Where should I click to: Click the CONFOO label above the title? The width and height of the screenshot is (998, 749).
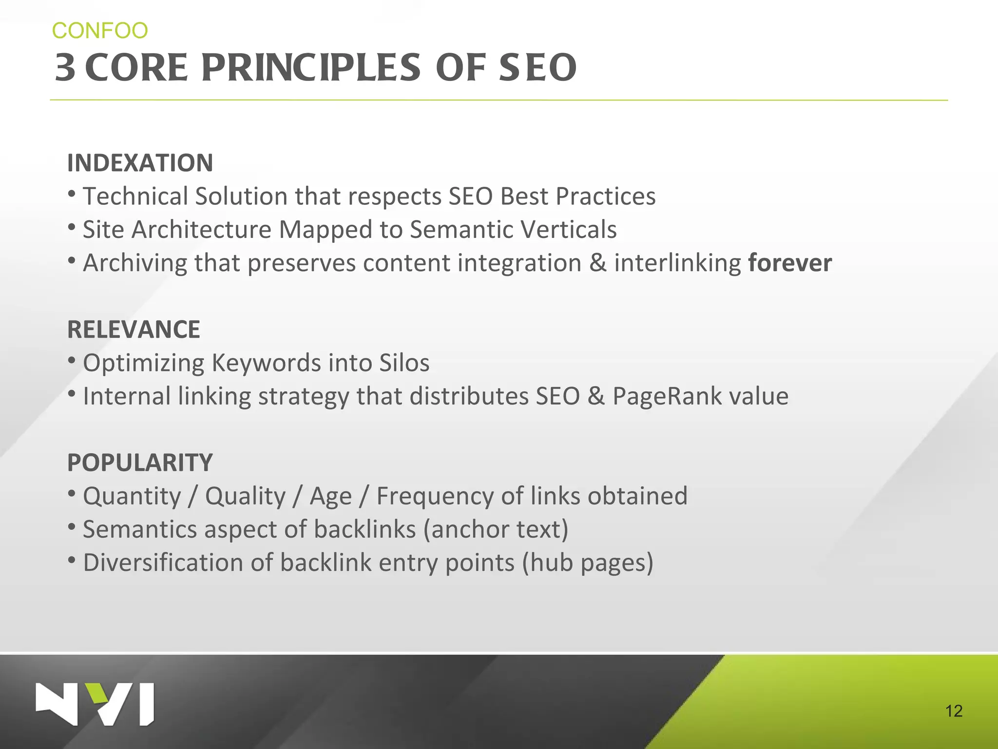coord(100,31)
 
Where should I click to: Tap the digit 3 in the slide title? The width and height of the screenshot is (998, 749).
coord(65,68)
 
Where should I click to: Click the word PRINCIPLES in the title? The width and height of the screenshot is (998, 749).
coord(310,68)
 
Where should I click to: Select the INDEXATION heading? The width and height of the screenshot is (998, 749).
coord(140,163)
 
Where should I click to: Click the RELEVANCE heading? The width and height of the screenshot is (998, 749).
coord(134,330)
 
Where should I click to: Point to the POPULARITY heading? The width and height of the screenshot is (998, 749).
coord(140,463)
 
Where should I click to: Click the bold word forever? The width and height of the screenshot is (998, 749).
coord(790,263)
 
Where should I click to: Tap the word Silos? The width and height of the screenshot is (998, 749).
coord(404,363)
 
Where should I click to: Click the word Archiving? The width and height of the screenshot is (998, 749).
coord(135,264)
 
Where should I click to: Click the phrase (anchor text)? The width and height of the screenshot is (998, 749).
coord(496,530)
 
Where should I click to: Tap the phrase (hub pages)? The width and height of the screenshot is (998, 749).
coord(588,563)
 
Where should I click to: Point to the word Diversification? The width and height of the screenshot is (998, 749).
coord(163,563)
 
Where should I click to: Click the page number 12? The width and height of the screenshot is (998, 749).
coord(954,711)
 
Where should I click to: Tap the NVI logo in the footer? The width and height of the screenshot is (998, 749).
coord(95,704)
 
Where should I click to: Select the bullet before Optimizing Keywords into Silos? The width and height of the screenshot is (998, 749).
coord(72,361)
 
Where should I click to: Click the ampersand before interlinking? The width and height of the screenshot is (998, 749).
coord(597,263)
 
